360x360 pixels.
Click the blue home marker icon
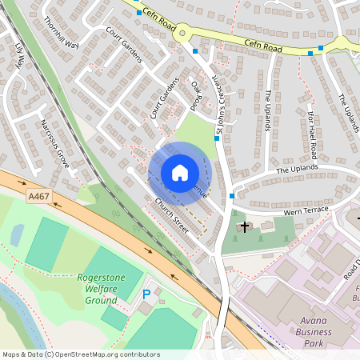[x=179, y=173]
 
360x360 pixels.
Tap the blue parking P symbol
[x=146, y=294]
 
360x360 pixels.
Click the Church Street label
[x=171, y=217]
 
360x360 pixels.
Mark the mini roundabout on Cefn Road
[x=183, y=34]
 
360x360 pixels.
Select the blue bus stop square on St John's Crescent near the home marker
[x=217, y=139]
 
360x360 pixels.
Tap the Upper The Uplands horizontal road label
[x=298, y=170]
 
